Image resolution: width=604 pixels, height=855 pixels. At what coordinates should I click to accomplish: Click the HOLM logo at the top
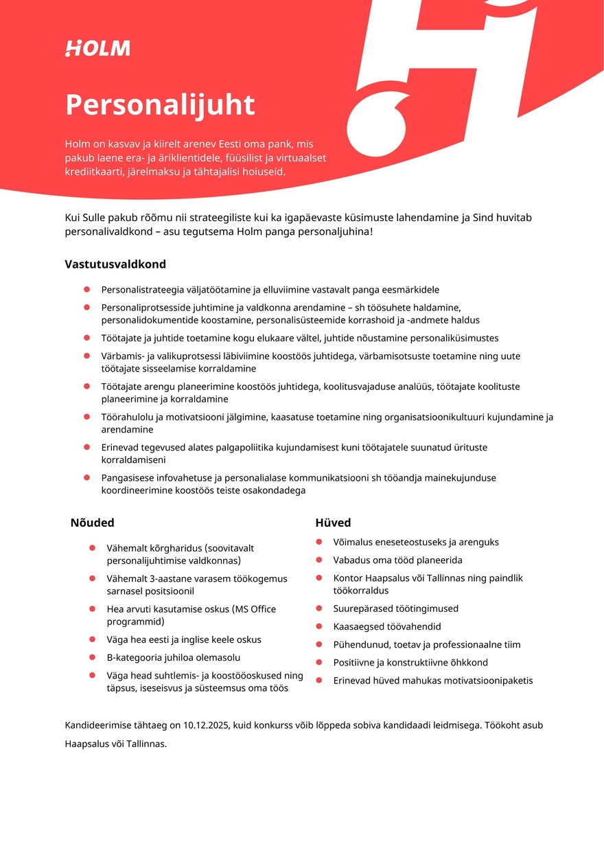click(x=97, y=48)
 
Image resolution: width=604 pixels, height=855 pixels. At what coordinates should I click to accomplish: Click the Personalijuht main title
click(x=160, y=105)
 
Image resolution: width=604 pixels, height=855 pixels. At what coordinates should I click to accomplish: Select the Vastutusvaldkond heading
click(x=115, y=264)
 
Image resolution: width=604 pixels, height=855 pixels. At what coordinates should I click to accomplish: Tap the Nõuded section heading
click(x=92, y=523)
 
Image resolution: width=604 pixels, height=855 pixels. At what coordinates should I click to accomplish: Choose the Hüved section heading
click(x=333, y=523)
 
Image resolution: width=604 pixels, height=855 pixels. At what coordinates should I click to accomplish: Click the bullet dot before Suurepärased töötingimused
click(x=318, y=608)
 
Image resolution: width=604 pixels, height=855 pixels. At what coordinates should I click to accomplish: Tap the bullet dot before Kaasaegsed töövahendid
click(x=318, y=626)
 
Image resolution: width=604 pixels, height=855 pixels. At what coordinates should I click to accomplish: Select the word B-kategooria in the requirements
click(x=132, y=657)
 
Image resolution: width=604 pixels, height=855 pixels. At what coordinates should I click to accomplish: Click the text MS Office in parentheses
click(x=255, y=609)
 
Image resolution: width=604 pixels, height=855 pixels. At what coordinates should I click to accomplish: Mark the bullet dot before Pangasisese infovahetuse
click(x=87, y=477)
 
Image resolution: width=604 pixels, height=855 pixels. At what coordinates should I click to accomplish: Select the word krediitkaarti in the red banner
click(x=95, y=171)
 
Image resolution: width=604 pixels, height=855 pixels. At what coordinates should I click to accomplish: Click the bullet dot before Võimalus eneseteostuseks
click(x=318, y=542)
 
